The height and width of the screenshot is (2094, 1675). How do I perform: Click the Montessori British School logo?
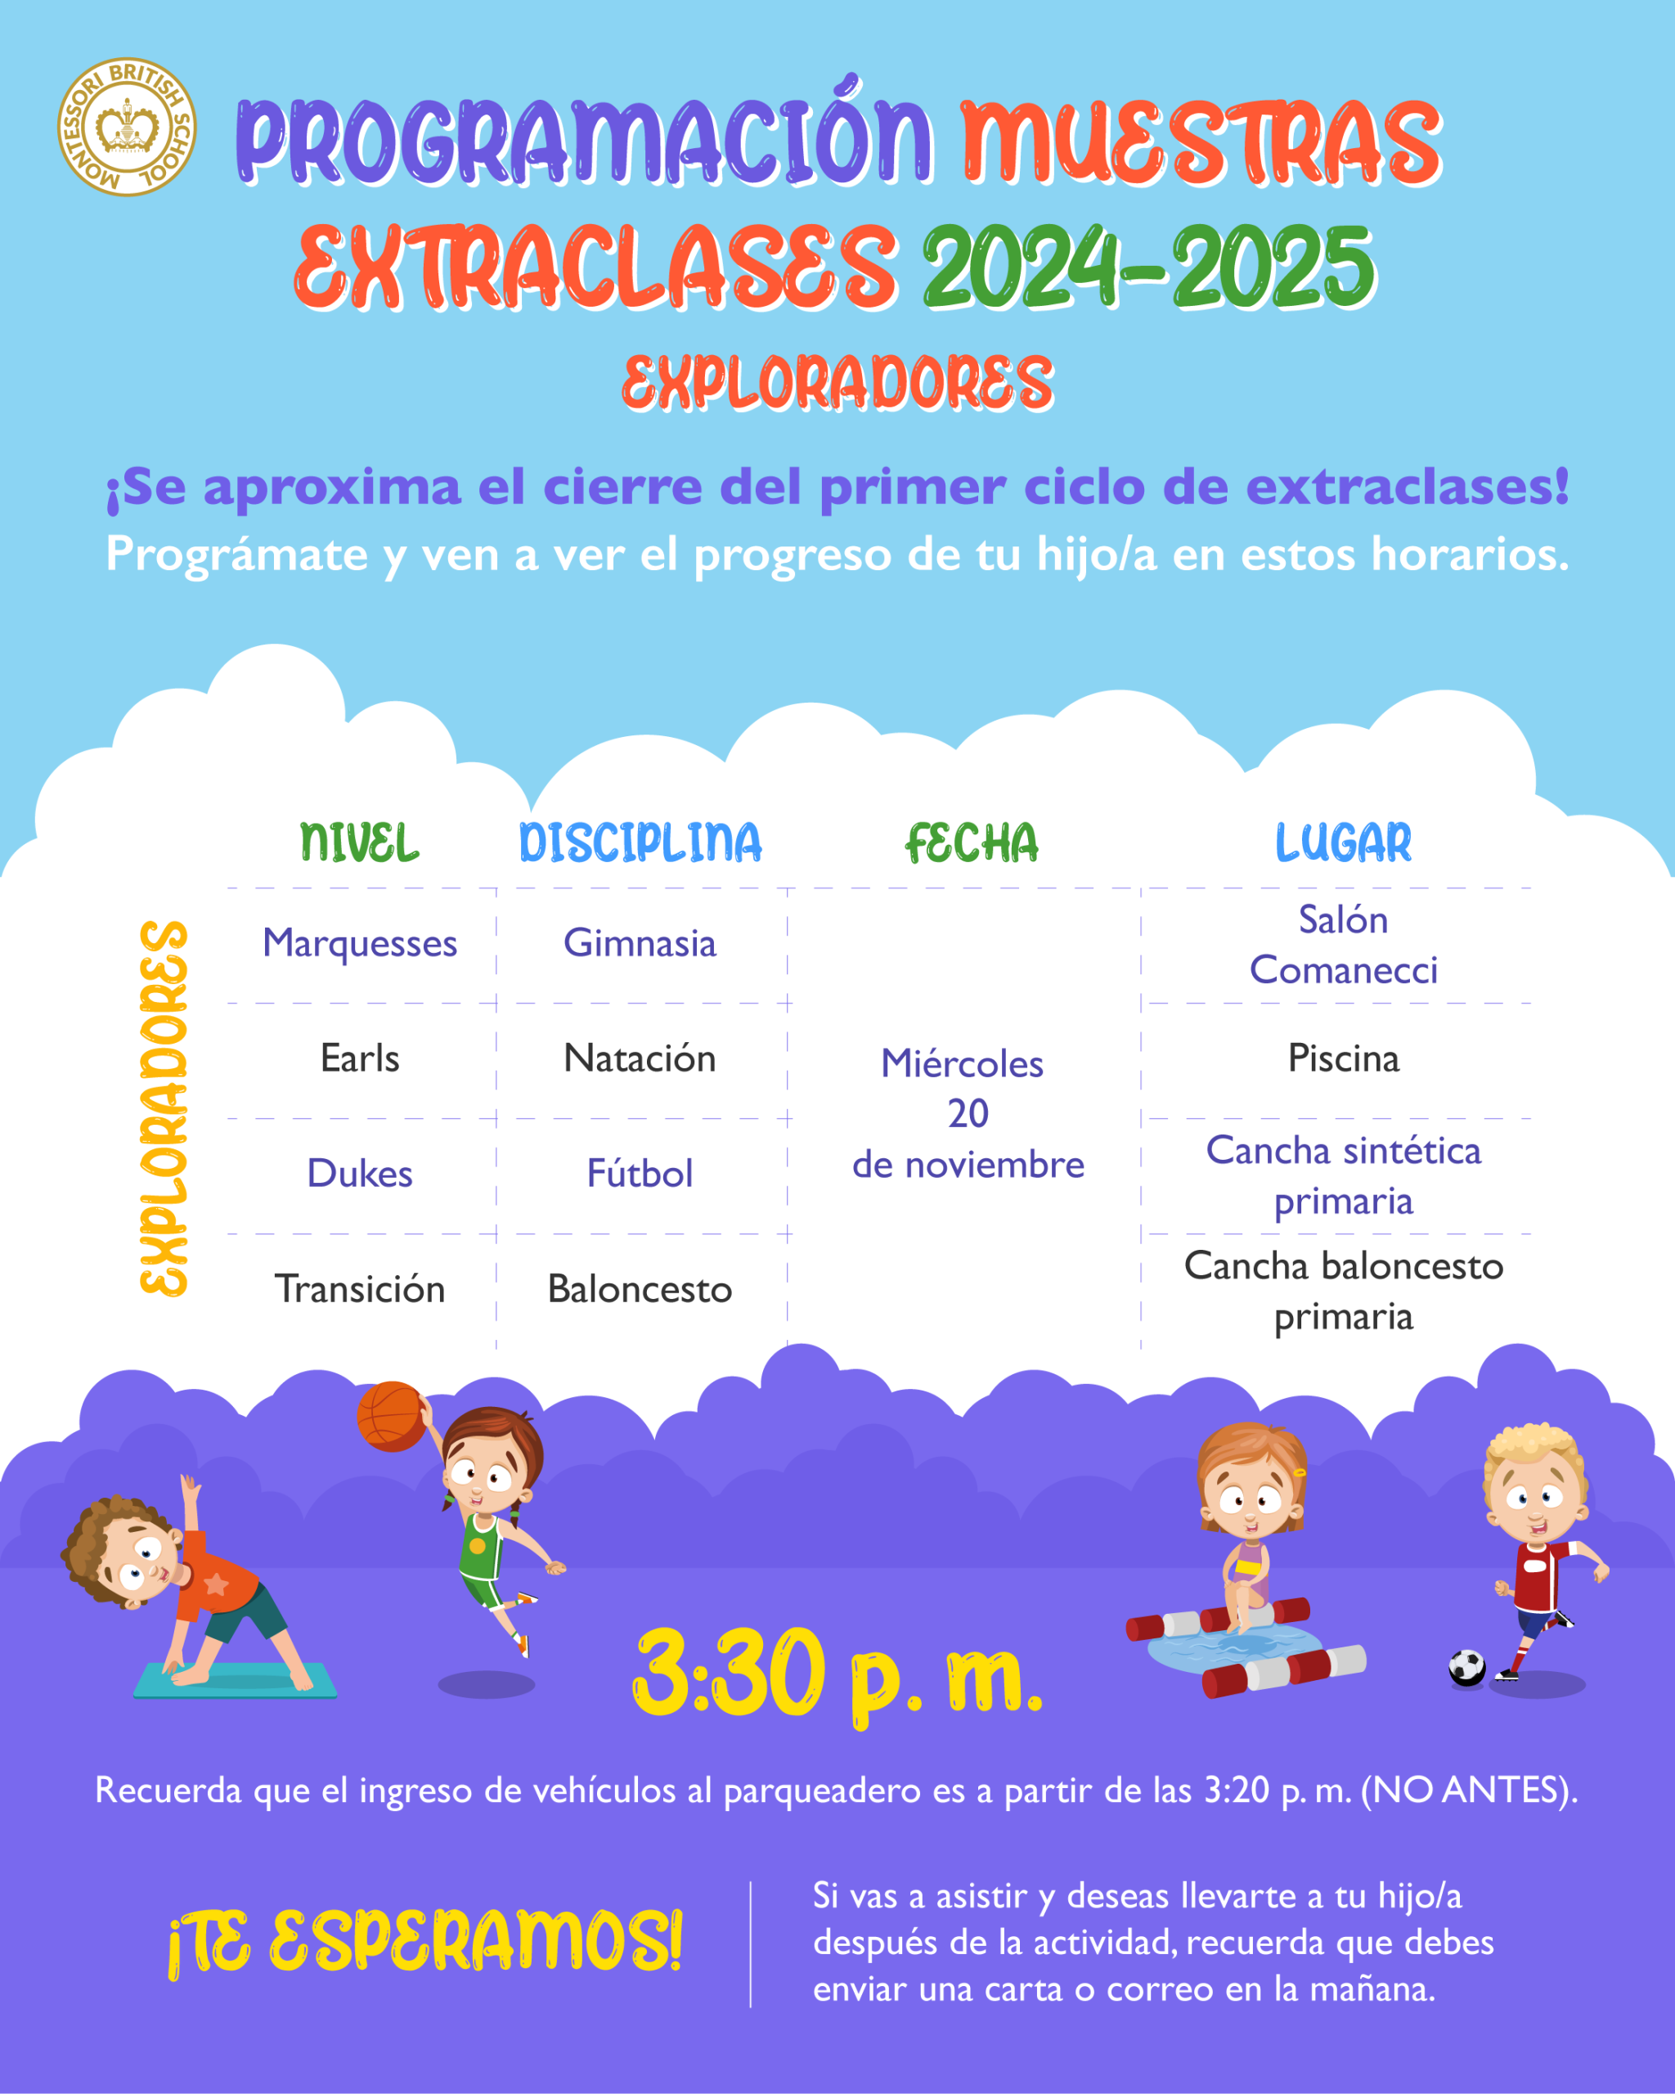click(x=126, y=126)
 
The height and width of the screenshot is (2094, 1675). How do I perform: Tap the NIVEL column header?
click(x=359, y=842)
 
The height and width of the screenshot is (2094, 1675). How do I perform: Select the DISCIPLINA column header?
click(x=640, y=842)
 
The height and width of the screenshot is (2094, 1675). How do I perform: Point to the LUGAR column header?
click(x=1343, y=842)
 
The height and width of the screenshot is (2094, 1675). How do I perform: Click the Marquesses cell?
click(x=359, y=944)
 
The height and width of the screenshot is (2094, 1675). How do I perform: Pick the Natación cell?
click(x=640, y=1058)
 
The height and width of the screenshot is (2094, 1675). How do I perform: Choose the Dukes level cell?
click(x=359, y=1173)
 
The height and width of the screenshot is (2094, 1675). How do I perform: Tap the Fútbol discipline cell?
click(x=640, y=1173)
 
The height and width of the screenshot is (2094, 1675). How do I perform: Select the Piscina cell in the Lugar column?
click(x=1343, y=1058)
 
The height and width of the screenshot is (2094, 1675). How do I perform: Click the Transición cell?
click(x=359, y=1289)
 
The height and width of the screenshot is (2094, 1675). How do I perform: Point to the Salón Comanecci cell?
click(x=1343, y=944)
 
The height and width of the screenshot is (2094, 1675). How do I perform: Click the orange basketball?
click(x=391, y=1417)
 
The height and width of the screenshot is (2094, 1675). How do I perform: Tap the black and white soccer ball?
click(x=1466, y=1668)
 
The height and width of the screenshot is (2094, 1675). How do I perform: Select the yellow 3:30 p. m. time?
click(x=837, y=1673)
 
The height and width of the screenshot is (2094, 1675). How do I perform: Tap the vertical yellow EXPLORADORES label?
click(x=163, y=1108)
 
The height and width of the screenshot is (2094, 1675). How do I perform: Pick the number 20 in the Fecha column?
click(x=968, y=1113)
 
